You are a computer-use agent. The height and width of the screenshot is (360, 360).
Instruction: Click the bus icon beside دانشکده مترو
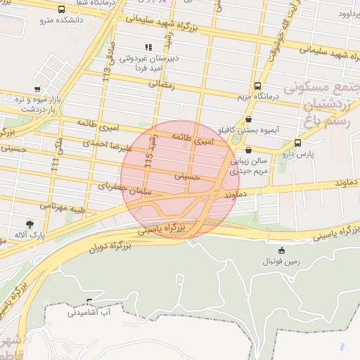point(62,10)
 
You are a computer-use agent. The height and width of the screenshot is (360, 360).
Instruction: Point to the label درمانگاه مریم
point(257,96)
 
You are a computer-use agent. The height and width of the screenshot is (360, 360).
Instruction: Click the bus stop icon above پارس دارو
point(297,143)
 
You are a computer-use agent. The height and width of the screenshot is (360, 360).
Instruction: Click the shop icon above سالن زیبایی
point(249,150)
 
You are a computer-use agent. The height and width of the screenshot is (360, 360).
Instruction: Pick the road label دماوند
point(240,191)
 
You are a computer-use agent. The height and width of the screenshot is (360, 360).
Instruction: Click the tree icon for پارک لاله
point(29,224)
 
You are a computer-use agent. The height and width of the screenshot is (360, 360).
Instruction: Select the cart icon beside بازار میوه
point(37,89)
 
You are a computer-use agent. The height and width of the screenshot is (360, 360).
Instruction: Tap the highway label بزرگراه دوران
point(111,247)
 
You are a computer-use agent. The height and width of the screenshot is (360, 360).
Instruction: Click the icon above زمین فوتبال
point(282,250)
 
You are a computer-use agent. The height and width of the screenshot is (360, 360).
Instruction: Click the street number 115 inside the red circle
point(148,160)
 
